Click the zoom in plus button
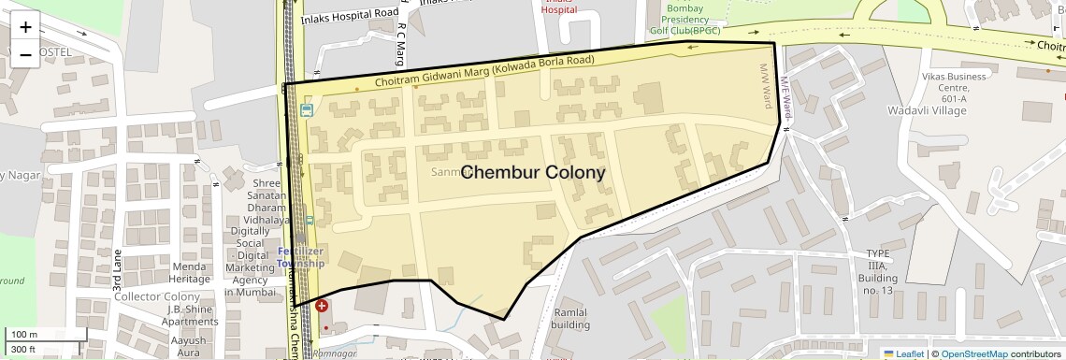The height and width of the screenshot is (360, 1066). pos(25,26)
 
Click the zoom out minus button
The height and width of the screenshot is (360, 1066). pos(25,54)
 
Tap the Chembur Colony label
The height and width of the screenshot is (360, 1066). pos(533,173)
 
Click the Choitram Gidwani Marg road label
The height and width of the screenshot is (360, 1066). pos(484,73)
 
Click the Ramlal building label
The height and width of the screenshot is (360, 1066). pos(569,319)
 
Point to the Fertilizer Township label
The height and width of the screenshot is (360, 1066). pos(300,257)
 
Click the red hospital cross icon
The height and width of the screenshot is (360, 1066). pos(322,306)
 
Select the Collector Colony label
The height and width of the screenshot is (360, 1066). pos(157,296)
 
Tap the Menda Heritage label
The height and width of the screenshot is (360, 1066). pos(190,272)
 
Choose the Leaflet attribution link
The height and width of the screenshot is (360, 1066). pos(903,353)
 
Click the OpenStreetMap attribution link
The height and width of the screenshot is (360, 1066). pos(973,353)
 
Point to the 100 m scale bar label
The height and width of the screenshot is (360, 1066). pos(23,335)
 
